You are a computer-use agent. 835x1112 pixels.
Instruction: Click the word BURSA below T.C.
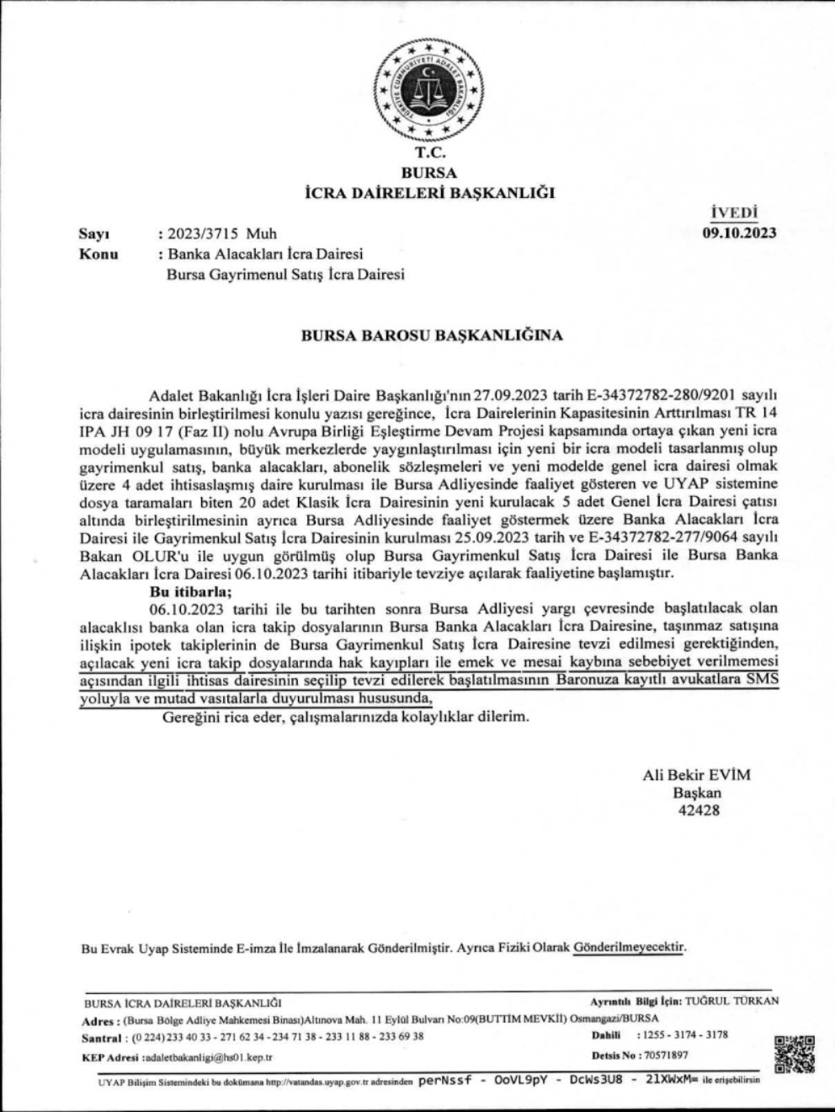429,173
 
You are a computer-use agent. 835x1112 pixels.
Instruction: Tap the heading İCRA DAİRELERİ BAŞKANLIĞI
429,193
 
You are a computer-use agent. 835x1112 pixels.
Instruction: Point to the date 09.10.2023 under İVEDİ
739,233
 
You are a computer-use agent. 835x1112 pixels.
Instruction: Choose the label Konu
98,254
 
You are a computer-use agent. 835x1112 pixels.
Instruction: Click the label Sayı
93,233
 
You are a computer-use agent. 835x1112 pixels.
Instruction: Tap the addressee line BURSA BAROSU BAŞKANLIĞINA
432,334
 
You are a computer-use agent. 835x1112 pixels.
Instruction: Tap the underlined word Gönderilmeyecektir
629,947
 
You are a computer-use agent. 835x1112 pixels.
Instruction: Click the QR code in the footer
793,1052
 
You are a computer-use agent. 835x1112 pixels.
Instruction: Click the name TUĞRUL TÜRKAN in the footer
732,1001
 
